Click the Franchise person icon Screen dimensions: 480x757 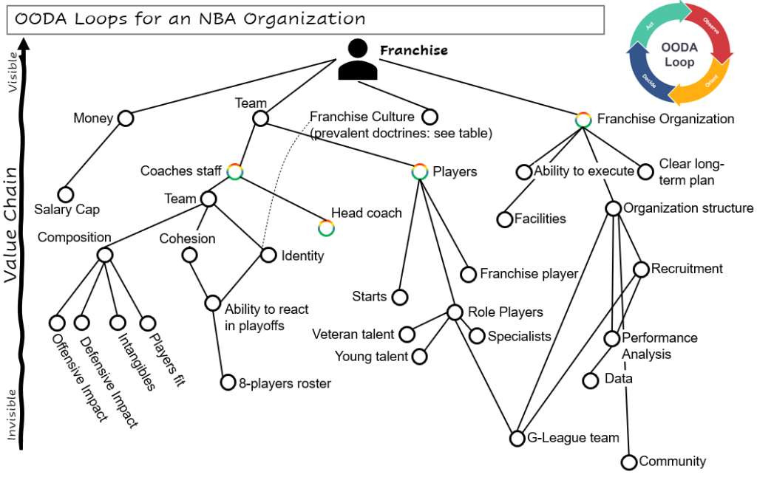[x=358, y=60]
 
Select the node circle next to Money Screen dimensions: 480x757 [x=125, y=118]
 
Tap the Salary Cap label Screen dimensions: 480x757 [x=67, y=210]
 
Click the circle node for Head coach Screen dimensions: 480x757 [x=326, y=228]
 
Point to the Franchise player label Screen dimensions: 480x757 [x=529, y=274]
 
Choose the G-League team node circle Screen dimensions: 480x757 [x=517, y=439]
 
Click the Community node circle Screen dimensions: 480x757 [x=629, y=462]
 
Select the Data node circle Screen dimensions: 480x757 [x=591, y=380]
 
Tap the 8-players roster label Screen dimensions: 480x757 [x=285, y=383]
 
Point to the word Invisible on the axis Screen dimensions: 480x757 [x=12, y=414]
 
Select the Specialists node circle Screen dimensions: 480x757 [x=477, y=336]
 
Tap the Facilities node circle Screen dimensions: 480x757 [x=505, y=219]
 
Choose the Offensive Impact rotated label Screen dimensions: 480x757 [x=80, y=377]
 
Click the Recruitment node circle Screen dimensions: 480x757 [x=641, y=270]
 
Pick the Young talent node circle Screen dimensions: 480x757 [x=420, y=357]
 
